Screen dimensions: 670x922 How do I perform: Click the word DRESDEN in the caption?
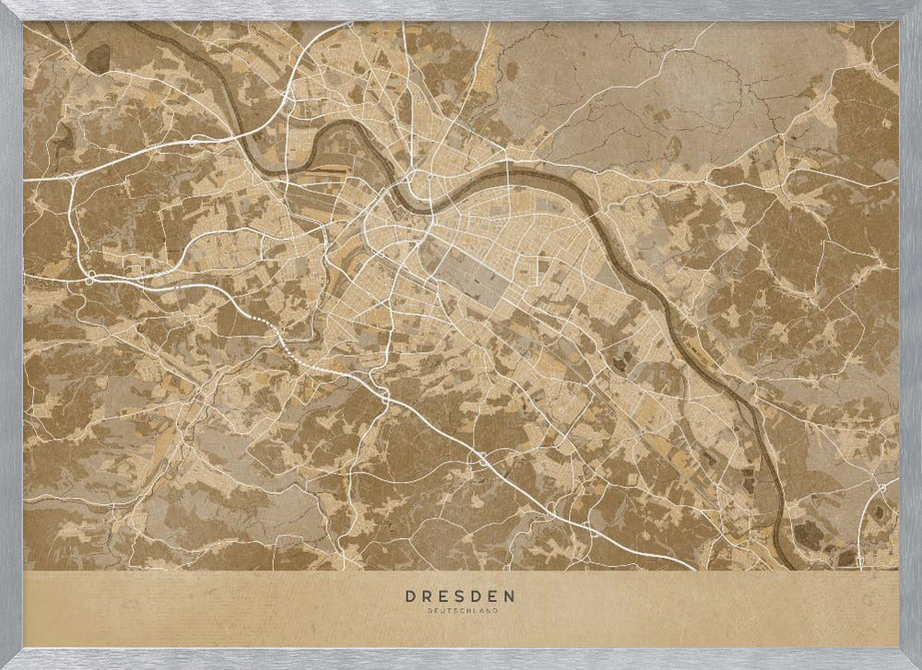point(461,596)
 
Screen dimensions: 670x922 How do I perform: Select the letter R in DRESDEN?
point(427,596)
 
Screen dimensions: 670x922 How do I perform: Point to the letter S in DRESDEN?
point(462,596)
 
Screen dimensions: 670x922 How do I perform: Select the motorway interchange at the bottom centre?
point(480,458)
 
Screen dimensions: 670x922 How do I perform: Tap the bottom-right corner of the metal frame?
point(912,660)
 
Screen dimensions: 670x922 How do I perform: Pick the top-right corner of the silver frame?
point(912,9)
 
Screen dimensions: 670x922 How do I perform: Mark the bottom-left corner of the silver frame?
point(9,660)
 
